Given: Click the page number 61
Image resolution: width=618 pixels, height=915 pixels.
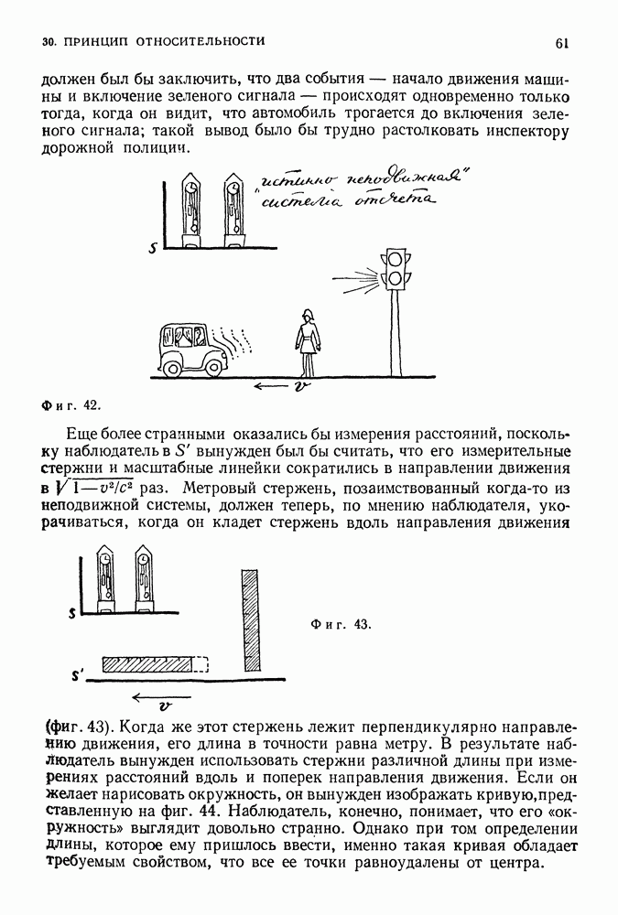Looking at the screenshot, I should [562, 42].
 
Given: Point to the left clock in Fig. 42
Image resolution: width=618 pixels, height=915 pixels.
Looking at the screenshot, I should [190, 208].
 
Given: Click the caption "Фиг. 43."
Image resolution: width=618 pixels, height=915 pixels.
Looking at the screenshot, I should [341, 626].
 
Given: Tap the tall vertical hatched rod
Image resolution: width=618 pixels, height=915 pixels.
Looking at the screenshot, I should [252, 619].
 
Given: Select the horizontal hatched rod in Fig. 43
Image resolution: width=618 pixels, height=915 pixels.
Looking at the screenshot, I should [149, 664].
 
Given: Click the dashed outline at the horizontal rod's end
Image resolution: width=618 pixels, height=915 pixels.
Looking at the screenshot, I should [203, 664].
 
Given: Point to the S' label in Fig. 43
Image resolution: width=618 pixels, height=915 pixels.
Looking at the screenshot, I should [78, 676].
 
